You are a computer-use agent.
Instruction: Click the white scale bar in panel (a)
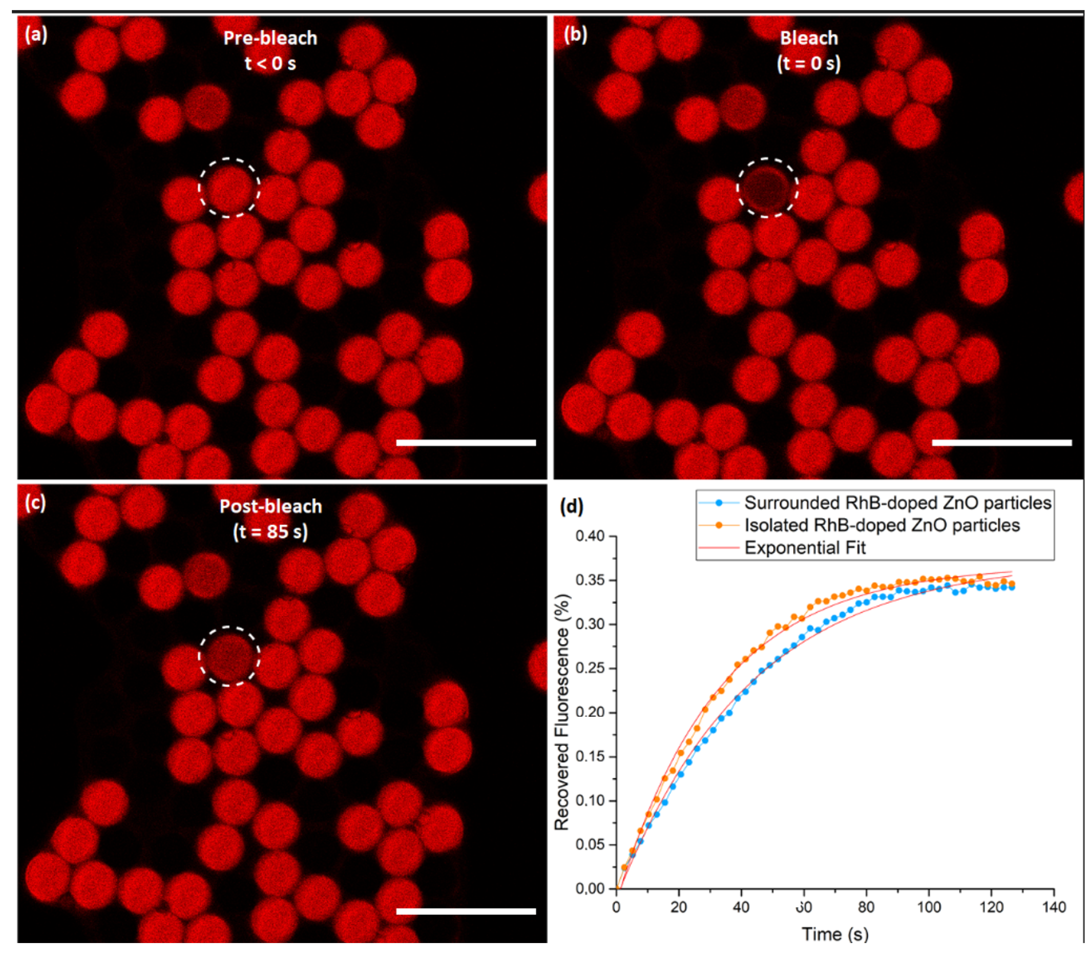point(466,442)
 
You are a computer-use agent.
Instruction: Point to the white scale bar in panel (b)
point(1002,442)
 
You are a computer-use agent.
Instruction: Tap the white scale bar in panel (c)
point(466,911)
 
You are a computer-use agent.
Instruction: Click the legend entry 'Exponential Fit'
point(805,548)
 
